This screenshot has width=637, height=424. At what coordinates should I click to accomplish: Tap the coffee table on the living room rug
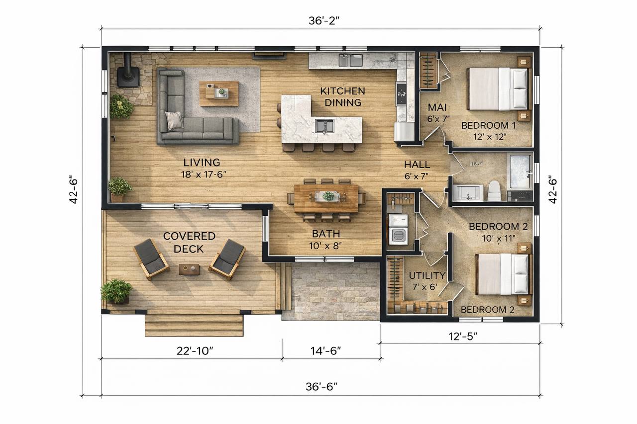point(218,93)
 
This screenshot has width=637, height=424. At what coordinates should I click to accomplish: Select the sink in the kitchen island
point(324,126)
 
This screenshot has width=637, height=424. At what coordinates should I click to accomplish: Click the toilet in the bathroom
point(495,191)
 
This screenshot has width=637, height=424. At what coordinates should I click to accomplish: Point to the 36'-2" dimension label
point(324,21)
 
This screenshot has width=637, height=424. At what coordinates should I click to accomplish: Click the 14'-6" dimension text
point(325,351)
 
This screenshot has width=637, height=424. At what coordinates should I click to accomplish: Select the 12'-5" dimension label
point(463,337)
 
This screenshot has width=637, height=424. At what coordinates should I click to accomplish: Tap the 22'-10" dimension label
point(195,351)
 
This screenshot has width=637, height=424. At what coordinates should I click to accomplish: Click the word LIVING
point(202,163)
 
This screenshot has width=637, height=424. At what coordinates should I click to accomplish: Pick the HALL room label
point(417,165)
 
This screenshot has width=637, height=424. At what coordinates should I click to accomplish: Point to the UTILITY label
point(427,275)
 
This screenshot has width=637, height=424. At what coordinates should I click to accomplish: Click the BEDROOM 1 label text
point(489,125)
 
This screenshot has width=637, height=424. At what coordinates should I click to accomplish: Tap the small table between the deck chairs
point(189,269)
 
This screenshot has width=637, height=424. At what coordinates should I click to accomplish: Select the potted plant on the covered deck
point(116,291)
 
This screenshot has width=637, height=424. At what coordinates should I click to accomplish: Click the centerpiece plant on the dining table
point(329,196)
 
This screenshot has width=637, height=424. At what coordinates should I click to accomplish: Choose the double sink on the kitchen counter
point(350,60)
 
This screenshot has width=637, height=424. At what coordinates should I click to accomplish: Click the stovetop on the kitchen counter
point(401,94)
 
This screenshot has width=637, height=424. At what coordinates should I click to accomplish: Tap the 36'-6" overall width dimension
point(321,387)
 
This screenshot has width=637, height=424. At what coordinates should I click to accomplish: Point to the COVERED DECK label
point(189,243)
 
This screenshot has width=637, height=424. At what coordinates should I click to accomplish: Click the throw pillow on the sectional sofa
point(174,120)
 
